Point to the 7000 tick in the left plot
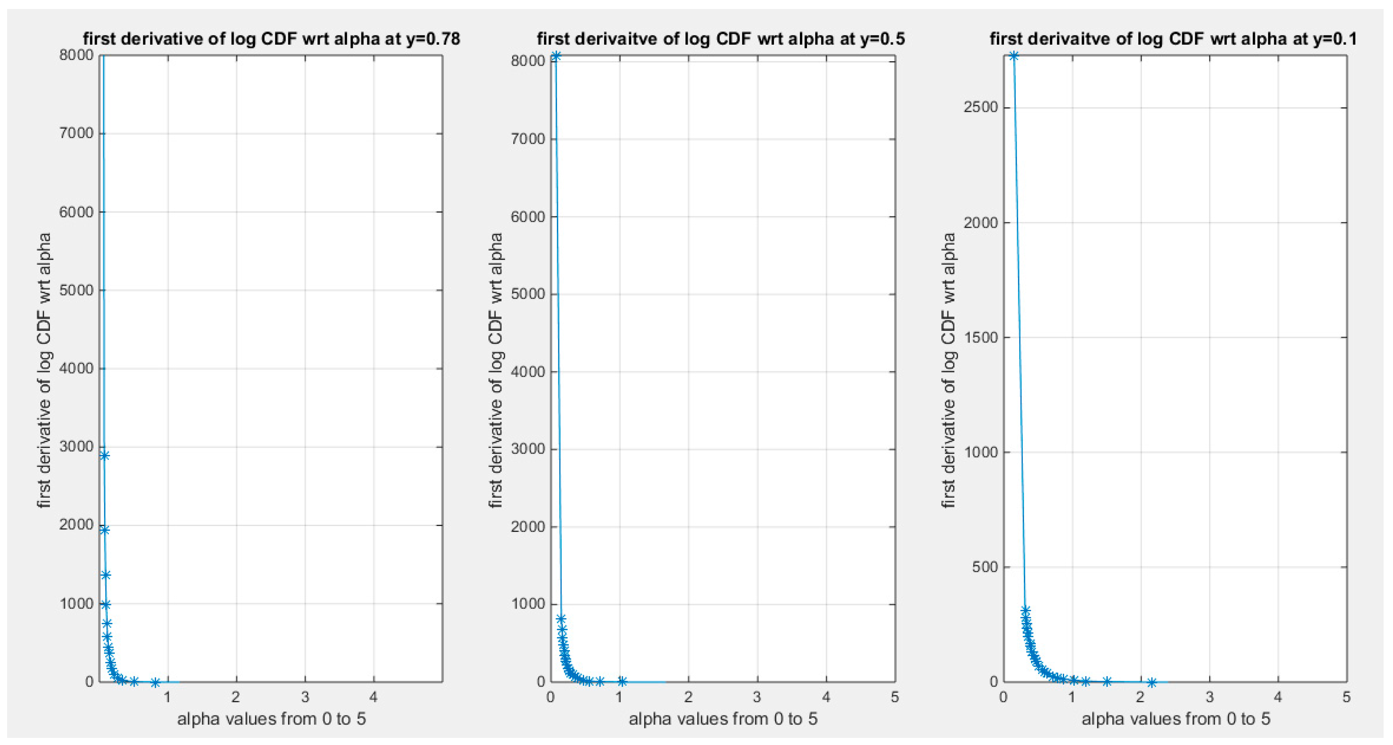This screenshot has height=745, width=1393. [76, 133]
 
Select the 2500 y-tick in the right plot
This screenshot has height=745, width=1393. [980, 107]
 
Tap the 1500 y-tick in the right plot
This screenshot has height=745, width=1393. [980, 337]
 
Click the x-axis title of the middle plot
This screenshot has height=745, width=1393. [723, 718]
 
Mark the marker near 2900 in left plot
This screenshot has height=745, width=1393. [104, 456]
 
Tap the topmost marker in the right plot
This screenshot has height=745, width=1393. [1013, 56]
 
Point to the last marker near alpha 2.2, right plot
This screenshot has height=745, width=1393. [1152, 682]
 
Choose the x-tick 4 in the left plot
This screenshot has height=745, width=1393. [374, 697]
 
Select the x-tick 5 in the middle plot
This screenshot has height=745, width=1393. [894, 697]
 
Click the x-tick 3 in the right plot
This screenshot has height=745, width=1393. [1209, 697]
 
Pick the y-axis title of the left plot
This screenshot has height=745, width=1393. [44, 370]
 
